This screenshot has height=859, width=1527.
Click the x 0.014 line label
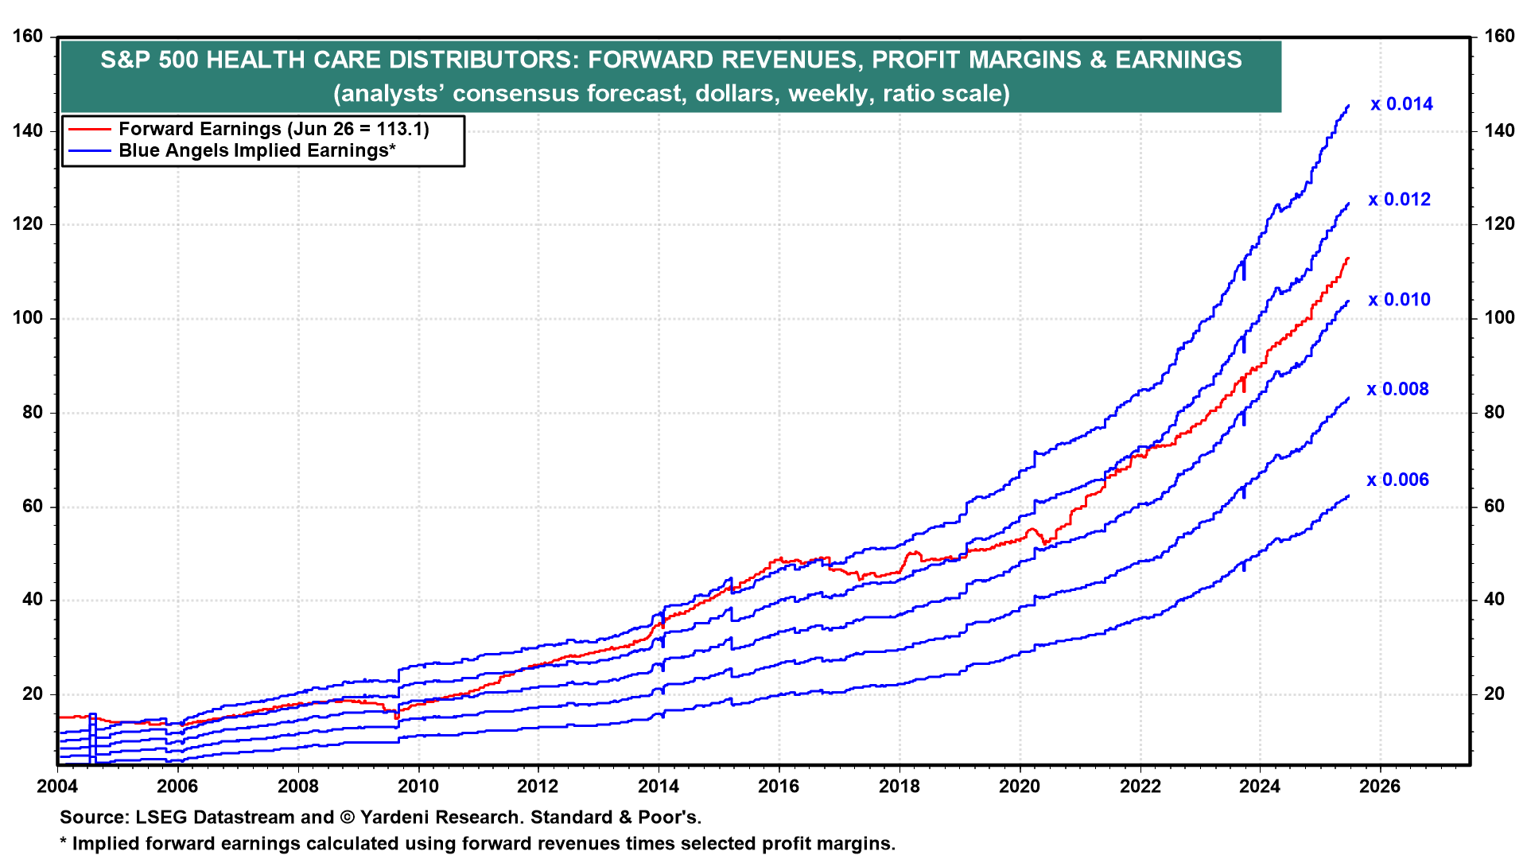[x=1401, y=104]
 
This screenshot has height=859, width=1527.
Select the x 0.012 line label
[x=1399, y=200]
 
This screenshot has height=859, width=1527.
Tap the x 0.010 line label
[x=1399, y=300]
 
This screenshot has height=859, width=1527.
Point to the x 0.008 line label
[x=1397, y=389]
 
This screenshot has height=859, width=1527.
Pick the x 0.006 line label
[x=1397, y=480]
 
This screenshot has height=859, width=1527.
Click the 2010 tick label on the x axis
[x=418, y=787]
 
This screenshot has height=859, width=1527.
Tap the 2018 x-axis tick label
[x=899, y=787]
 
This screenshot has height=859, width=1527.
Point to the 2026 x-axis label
[x=1380, y=787]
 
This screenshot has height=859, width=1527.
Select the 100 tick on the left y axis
[x=29, y=318]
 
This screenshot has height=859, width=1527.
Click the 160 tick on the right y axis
[x=1499, y=37]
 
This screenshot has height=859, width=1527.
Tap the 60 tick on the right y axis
[x=1494, y=507]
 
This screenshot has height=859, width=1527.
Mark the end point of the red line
[x=1348, y=258]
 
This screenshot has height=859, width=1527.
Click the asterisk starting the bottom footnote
[x=64, y=842]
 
